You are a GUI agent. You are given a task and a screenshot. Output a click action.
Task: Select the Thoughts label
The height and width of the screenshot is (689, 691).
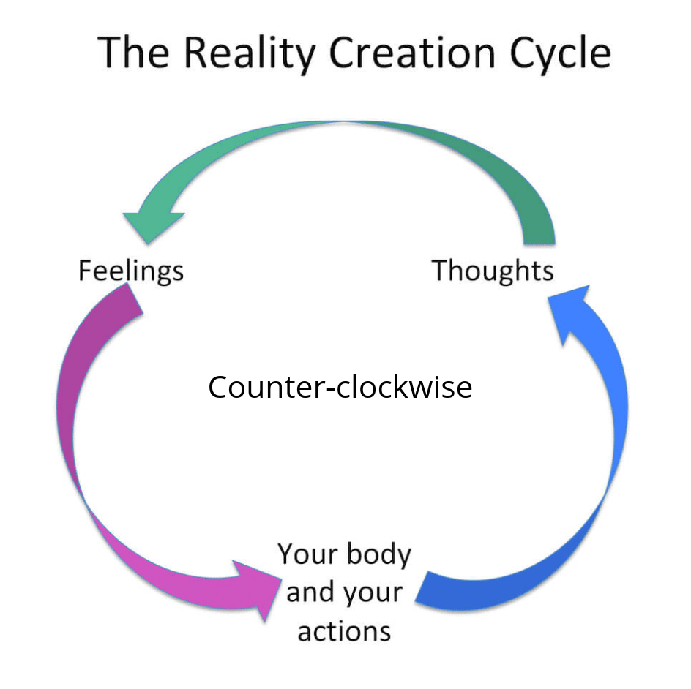click(x=492, y=271)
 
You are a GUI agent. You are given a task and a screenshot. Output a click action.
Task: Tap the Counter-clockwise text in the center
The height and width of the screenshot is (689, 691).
click(x=340, y=387)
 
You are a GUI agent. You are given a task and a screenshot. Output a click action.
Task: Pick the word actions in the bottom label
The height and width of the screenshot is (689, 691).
click(x=344, y=629)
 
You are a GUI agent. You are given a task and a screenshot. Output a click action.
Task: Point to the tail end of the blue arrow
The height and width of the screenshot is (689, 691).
click(x=432, y=589)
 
